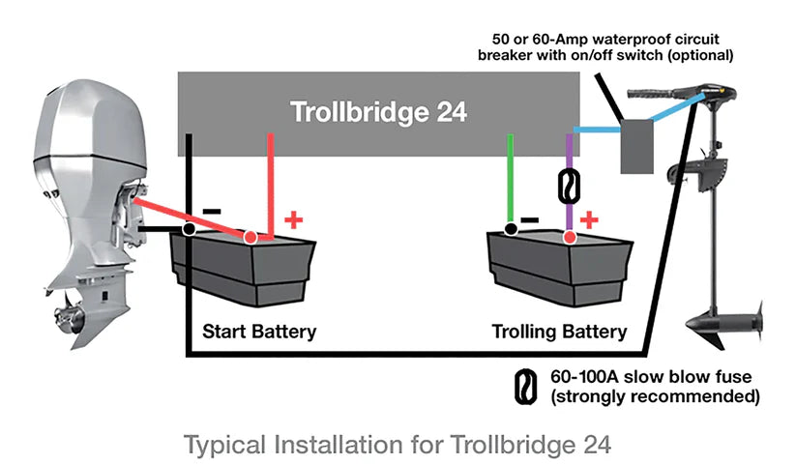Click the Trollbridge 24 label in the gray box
tap(378, 112)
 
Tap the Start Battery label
tap(258, 332)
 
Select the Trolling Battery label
tap(559, 332)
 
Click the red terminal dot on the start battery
tap(250, 237)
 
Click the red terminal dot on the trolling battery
tap(570, 237)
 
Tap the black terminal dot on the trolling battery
tap(510, 229)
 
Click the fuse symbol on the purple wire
tap(570, 184)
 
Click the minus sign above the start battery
tap(212, 209)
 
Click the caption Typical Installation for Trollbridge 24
tap(398, 446)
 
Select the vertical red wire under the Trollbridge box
tap(271, 179)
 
